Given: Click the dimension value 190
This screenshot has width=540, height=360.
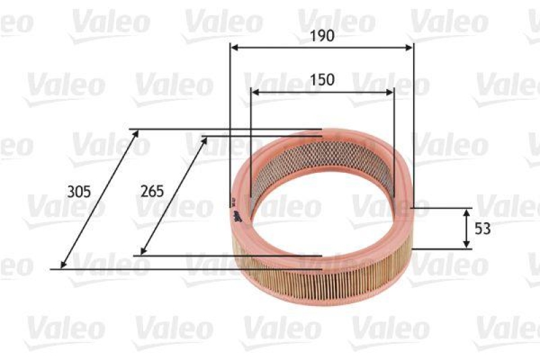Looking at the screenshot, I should click(x=323, y=36).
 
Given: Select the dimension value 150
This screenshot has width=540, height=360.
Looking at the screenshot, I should click(x=323, y=80).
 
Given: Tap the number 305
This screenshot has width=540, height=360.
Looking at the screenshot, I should click(x=79, y=191).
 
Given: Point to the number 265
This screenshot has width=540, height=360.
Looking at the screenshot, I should click(x=153, y=191).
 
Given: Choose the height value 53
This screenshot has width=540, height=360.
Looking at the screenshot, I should click(x=482, y=229).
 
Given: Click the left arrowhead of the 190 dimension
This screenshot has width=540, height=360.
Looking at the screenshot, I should click(x=234, y=47).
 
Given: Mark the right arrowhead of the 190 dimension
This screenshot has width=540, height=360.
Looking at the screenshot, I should click(x=409, y=47).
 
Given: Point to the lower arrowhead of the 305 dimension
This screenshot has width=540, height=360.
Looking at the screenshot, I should click(x=63, y=265).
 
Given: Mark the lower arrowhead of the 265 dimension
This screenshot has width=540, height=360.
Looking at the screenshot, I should click(x=140, y=252).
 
